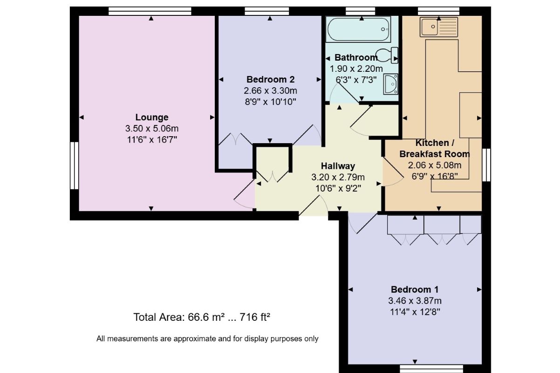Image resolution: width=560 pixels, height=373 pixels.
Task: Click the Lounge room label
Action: click(152, 117)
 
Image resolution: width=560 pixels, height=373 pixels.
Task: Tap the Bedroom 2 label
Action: click(270, 79)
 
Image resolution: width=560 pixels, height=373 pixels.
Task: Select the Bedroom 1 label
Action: click(415, 289)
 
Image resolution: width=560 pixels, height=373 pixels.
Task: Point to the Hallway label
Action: click(338, 166)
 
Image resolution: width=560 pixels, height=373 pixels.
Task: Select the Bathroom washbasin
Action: click(390, 84)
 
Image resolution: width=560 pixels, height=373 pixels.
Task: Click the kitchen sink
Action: click(438, 27)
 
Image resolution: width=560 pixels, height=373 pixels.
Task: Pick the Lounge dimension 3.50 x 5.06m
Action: click(152, 128)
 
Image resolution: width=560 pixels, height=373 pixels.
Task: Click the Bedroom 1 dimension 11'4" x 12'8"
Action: click(415, 311)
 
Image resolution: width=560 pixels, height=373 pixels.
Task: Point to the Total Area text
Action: click(202, 318)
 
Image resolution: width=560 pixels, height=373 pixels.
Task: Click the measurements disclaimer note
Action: click(207, 339)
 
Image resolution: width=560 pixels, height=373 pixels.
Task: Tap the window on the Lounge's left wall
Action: click(74, 166)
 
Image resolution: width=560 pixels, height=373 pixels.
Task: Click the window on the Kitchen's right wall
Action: click(486, 165)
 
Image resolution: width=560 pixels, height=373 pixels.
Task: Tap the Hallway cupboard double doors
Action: click(273, 176)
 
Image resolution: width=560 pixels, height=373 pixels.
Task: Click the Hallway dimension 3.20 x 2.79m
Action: click(338, 177)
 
